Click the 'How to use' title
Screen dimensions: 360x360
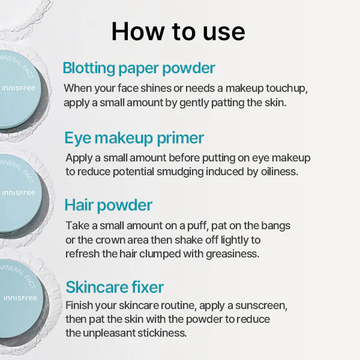[x=178, y=31]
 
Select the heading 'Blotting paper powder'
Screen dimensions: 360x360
[x=139, y=67]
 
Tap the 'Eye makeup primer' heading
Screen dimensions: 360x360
[x=134, y=138]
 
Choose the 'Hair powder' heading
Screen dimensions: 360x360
[x=109, y=205]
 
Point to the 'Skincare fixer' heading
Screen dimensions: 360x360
[x=115, y=286]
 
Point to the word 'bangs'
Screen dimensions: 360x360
[x=275, y=226]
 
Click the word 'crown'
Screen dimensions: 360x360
[x=116, y=239]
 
